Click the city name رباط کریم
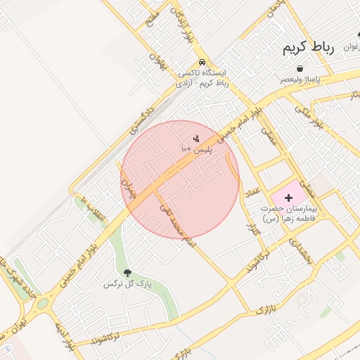307,49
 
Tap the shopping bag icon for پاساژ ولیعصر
301,69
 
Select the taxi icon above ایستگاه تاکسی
202,62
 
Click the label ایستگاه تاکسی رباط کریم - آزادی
203,78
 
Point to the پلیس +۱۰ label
196,150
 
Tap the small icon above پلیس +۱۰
196,139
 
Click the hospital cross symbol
288,197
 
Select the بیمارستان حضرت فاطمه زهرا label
290,214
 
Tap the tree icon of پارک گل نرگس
127,273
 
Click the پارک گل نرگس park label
128,284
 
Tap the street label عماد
251,190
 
